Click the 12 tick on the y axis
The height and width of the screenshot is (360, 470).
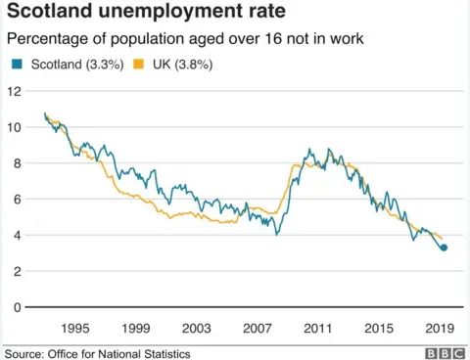pos(14,91)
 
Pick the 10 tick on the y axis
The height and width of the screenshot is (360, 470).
pos(14,127)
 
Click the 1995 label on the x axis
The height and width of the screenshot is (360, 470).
pos(75,328)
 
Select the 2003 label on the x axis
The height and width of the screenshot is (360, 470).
pos(197,328)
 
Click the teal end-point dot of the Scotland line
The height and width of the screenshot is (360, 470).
pos(444,247)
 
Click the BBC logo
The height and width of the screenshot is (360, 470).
pos(445,352)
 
